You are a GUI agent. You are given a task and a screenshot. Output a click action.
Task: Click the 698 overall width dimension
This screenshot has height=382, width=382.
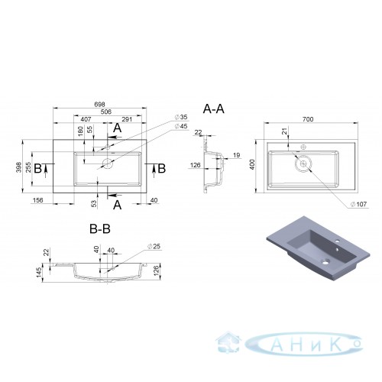(x=99, y=105)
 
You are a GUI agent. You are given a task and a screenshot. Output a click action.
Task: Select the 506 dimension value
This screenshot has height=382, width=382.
(x=106, y=112)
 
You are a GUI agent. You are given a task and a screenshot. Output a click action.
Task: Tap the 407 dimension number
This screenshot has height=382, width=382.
(x=86, y=119)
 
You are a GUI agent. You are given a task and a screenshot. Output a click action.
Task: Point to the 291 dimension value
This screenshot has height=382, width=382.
(x=127, y=119)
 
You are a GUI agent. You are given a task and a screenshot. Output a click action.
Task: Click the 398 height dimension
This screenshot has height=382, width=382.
(x=19, y=167)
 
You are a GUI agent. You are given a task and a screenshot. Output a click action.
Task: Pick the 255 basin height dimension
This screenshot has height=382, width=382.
(x=28, y=167)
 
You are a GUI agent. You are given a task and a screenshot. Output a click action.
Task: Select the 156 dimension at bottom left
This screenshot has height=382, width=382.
(x=38, y=200)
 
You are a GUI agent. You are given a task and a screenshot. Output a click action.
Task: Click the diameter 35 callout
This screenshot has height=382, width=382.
(x=181, y=117)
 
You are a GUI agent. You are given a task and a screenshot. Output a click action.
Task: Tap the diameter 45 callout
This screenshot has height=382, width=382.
(x=181, y=126)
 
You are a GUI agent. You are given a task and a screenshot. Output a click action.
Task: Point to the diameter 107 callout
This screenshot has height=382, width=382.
(x=358, y=204)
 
